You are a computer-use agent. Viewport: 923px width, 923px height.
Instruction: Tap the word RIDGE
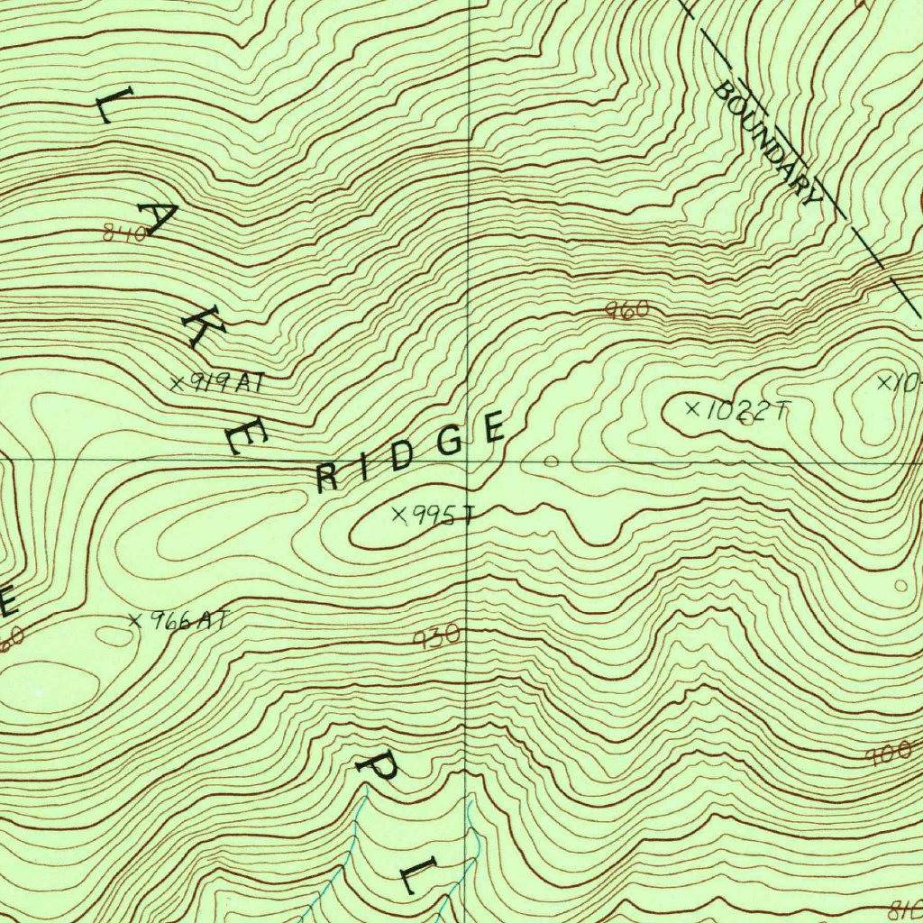[x=411, y=452]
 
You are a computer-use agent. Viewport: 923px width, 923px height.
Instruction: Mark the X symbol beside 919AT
[x=178, y=383]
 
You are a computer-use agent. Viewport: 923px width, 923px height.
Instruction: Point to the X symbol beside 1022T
[x=692, y=409]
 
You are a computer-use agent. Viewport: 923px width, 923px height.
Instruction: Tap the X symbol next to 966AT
[x=135, y=620]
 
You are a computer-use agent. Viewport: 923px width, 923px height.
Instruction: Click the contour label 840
[x=125, y=234]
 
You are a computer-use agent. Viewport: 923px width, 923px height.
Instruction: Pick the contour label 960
[x=626, y=311]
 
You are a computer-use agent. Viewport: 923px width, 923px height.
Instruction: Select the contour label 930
[x=437, y=636]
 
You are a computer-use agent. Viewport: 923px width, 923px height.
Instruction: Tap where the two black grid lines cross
[x=468, y=460]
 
